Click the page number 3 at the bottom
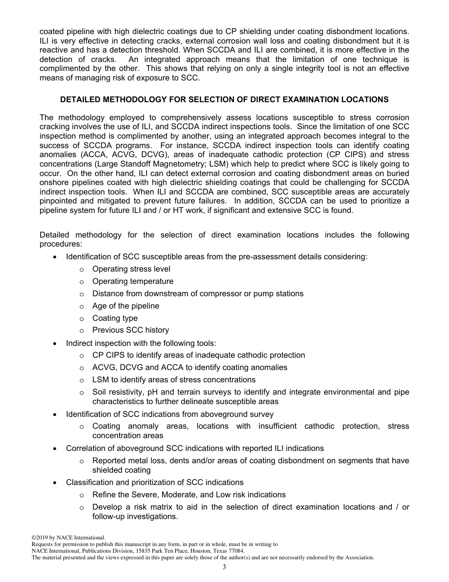coord(224,567)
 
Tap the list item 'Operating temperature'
coord(133,281)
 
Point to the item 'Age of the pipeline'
coord(126,306)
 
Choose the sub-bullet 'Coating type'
coord(115,318)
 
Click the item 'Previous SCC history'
coord(130,330)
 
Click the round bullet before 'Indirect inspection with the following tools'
coord(56,344)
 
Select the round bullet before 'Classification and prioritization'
coord(56,483)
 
